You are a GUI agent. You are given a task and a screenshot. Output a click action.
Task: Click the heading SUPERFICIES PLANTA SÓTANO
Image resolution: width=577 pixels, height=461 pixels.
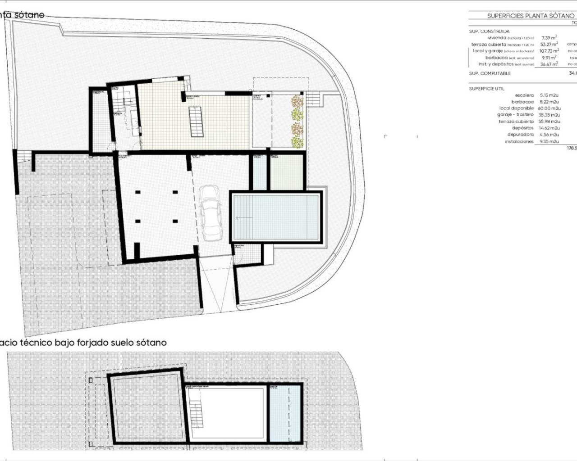coord(530,16)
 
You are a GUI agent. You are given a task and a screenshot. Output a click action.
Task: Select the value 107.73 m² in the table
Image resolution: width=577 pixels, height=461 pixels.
coord(549,51)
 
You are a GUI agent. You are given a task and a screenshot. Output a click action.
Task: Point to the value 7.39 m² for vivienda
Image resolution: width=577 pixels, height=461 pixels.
coord(549,38)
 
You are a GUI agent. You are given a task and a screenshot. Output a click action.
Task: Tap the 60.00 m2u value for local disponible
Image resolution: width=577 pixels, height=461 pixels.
coord(549,108)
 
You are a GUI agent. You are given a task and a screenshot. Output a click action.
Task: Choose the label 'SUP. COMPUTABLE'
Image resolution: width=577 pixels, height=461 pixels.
coord(490,73)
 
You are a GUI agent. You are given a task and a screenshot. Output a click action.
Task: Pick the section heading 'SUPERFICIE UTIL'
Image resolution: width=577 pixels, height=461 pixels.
coord(486,89)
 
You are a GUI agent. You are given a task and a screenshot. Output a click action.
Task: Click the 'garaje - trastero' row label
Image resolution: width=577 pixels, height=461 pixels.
coord(515,115)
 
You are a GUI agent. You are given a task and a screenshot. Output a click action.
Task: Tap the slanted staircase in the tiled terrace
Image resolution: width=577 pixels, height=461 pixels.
coord(196,122)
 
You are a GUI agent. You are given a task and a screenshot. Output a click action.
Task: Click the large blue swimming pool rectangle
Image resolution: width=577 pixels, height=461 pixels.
coord(276,217)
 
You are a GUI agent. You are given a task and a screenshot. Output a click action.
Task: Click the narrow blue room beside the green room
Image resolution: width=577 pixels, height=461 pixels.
coord(259,172)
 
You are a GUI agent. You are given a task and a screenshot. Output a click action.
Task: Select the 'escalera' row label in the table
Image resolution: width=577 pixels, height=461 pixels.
coord(524,95)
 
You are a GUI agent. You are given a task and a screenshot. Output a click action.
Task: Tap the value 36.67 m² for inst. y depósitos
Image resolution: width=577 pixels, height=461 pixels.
coord(549,64)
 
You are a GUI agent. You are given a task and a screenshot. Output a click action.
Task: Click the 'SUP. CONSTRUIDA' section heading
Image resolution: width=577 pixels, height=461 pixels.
coord(489,32)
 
